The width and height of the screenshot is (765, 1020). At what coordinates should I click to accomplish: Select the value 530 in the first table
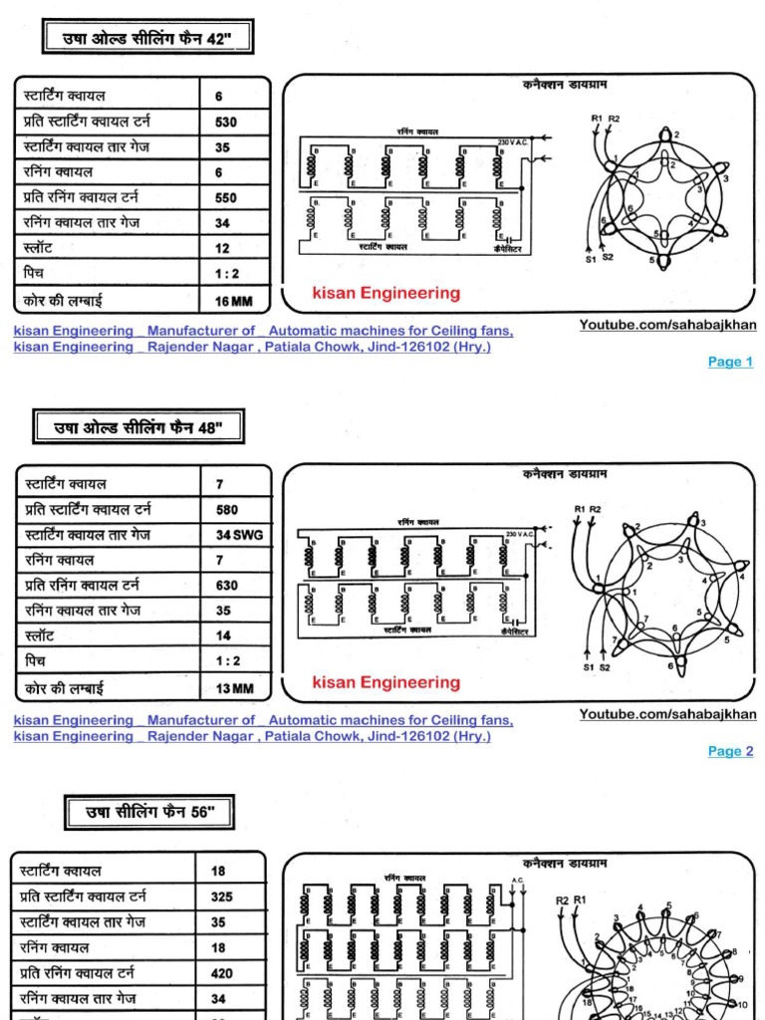[226, 123]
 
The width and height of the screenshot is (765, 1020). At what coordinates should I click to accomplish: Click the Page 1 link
[730, 362]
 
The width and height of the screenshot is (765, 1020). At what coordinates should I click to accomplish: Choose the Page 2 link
[730, 751]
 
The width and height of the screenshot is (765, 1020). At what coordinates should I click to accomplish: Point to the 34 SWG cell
[237, 535]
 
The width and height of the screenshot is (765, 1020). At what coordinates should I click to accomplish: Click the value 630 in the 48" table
[227, 586]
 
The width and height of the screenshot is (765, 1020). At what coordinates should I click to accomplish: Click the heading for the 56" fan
[150, 812]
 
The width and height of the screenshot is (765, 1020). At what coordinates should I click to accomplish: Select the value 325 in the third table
[221, 896]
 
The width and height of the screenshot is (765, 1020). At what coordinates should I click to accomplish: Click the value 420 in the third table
[221, 972]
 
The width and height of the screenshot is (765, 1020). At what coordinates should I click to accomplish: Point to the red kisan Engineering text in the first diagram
[386, 293]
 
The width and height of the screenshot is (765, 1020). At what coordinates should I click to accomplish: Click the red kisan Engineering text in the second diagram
[386, 682]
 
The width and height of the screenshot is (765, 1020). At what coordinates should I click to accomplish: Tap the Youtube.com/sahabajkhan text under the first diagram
[667, 326]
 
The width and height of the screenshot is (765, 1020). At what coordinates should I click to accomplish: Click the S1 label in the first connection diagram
[591, 260]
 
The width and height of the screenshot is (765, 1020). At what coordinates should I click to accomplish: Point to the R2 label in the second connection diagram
[596, 509]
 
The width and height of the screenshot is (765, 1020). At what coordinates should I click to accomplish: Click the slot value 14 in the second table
[222, 636]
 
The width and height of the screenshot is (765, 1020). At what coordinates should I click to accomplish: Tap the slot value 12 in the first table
[222, 248]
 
